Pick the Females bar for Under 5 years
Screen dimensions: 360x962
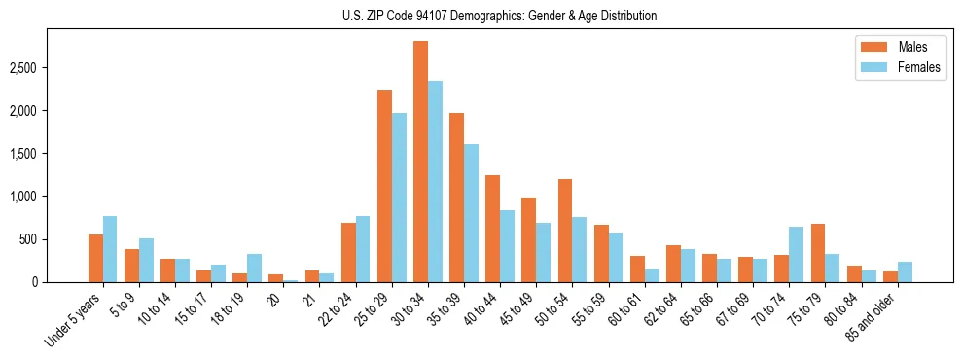(110, 249)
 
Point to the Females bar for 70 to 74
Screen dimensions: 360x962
(797, 255)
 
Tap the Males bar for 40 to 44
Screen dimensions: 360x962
(493, 229)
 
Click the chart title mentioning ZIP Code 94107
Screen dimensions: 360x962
(500, 16)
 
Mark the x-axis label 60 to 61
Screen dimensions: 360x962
(626, 309)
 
